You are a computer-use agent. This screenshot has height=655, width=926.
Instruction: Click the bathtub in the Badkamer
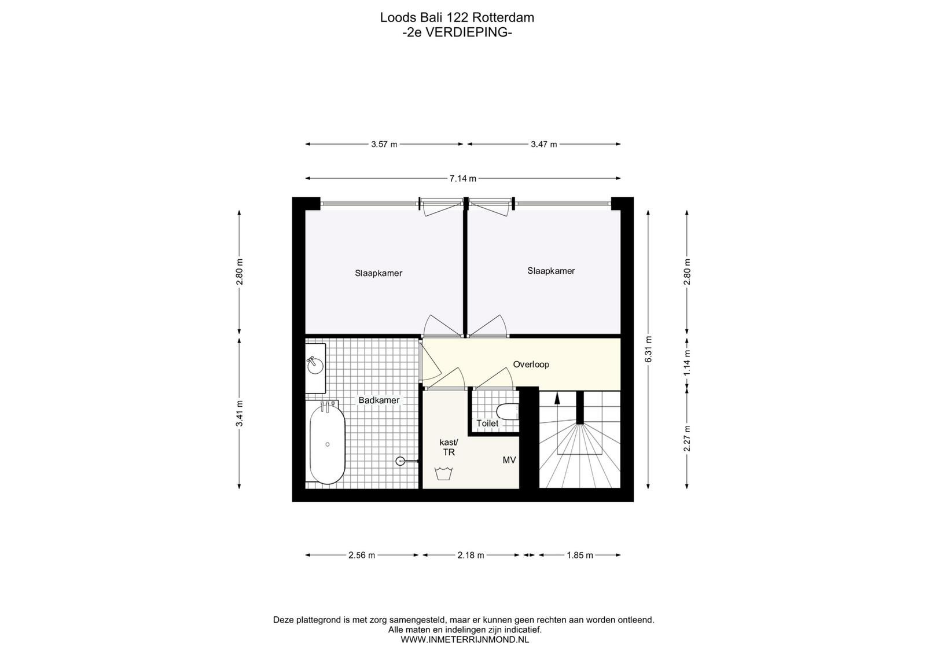point(327,445)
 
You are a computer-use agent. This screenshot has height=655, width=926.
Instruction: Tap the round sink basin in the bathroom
point(315,365)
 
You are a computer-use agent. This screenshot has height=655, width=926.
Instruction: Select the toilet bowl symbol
point(508,412)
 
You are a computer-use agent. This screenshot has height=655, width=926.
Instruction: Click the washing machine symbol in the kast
point(443,473)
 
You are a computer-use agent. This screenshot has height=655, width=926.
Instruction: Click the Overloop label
point(531,365)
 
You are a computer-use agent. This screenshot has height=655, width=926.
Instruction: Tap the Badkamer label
point(379,400)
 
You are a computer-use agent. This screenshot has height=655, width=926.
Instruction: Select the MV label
point(509,460)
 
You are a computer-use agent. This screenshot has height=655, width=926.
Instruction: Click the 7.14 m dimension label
point(463,179)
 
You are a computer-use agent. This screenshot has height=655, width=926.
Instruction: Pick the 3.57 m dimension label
point(384,144)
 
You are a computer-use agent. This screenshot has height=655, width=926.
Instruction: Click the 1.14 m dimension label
point(687,363)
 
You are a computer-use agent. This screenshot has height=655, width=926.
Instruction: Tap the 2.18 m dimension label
point(471,555)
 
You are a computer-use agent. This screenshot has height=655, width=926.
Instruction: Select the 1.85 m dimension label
point(579,555)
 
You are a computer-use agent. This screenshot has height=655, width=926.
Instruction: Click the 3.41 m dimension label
point(240,414)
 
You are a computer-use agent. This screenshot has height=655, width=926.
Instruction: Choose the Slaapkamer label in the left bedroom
point(379,273)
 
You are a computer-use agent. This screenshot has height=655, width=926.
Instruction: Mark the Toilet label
point(487,423)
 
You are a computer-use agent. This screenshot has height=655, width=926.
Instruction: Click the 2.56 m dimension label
point(362,555)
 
